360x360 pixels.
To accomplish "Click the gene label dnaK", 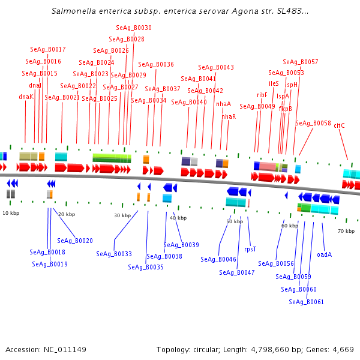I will tap(26, 97).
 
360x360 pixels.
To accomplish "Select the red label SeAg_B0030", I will tap(133, 28).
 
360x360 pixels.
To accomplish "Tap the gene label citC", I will tap(339, 125).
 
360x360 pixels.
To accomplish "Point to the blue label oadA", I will tap(324, 254).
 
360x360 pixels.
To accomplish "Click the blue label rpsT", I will tap(250, 248).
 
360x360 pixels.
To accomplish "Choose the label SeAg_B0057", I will tap(301, 62).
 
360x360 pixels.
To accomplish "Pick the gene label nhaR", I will tap(229, 116).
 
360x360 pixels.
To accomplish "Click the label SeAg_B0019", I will tap(49, 264).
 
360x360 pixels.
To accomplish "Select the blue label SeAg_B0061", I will tap(306, 302).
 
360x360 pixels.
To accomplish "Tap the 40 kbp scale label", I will tap(178, 218).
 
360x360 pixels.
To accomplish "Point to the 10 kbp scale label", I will tap(10, 213).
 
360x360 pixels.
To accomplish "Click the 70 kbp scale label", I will tap(346, 231).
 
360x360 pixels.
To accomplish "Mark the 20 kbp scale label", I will tap(67, 214).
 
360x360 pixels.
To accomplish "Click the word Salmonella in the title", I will tap(71, 11).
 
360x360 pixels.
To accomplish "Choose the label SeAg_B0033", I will tap(114, 254).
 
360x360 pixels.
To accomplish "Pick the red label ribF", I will tap(262, 95).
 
